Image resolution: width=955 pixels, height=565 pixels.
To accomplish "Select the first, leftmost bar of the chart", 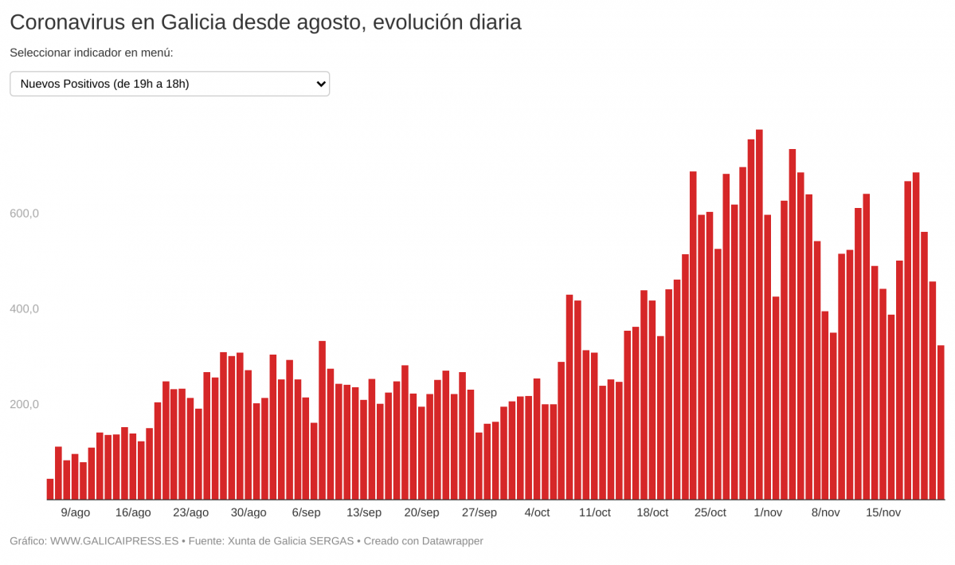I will point(50,489).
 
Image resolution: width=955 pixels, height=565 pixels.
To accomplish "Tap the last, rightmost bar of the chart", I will point(941,422).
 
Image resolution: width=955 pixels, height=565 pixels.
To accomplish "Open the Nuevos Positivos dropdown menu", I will point(169,84).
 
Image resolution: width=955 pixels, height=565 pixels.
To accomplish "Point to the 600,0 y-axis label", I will point(24,214).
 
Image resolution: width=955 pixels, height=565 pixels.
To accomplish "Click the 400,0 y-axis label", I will point(24,309).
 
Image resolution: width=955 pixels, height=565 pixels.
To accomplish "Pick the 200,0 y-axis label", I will point(24,404).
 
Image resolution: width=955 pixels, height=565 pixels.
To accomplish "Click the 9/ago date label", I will point(76,512).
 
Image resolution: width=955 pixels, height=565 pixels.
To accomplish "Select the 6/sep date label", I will point(306,512).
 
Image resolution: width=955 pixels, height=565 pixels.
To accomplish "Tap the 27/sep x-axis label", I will point(479,512).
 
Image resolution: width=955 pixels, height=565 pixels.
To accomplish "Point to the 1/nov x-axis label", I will point(768,512).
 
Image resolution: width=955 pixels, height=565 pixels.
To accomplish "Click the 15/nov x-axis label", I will point(883,512).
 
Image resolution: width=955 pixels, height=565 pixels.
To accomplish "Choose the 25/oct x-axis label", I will point(710,512).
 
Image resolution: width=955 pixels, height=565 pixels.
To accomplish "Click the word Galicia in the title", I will point(194,22).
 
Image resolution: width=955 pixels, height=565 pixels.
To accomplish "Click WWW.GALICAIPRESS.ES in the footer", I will point(114,541).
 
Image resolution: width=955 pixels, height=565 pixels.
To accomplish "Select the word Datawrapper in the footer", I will point(450,541).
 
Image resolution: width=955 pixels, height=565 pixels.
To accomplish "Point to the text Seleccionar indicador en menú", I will point(92,53).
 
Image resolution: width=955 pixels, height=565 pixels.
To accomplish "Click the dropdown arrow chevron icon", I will point(321,84).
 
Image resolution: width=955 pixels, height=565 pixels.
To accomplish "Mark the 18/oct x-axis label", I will point(652,512).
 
